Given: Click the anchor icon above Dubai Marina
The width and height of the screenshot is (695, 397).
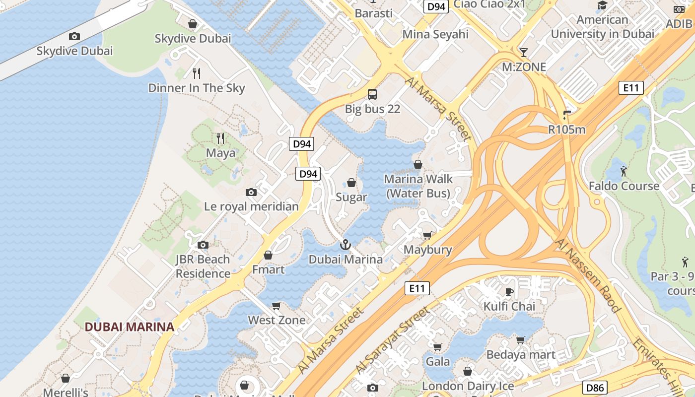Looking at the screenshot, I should click(x=345, y=245).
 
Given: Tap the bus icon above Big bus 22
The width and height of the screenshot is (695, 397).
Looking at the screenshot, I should click(x=372, y=94).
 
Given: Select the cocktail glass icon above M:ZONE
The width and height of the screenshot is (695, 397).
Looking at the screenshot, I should click(x=524, y=52).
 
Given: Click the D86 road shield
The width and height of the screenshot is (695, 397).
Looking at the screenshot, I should click(x=594, y=388).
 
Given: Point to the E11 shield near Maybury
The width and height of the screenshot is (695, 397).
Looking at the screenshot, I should click(x=417, y=288).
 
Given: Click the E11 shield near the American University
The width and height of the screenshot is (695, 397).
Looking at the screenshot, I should click(x=631, y=88).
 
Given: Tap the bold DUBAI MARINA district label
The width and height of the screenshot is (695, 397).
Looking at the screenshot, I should click(x=130, y=327).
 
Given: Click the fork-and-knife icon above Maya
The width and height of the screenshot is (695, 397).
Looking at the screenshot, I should click(x=220, y=138).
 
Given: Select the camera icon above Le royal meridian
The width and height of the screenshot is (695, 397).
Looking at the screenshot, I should click(x=251, y=192).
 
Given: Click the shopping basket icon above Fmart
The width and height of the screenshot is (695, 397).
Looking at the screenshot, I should click(x=268, y=255).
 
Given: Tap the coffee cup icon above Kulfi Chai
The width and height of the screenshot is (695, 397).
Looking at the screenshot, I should click(x=509, y=291).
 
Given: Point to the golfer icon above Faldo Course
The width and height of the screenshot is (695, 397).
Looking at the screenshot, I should click(x=624, y=172).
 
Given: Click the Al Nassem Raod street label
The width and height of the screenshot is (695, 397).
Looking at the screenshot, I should click(x=588, y=276).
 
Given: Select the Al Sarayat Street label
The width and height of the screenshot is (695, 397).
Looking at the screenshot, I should click(x=392, y=340).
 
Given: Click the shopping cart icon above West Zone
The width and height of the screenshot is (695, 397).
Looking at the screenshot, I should click(x=277, y=306).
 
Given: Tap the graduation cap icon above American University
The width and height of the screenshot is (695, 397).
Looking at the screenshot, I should click(x=602, y=5).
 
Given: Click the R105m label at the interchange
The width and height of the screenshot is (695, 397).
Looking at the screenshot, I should click(x=566, y=130).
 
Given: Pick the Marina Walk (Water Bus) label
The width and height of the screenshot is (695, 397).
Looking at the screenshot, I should click(x=418, y=186).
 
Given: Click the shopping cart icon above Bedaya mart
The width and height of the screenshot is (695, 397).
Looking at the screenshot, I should click(x=520, y=340).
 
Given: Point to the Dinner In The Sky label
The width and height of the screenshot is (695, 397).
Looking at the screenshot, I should click(x=197, y=88).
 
